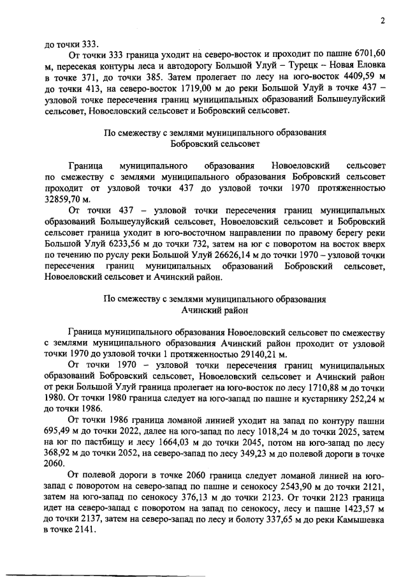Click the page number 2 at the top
pos(383,20)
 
